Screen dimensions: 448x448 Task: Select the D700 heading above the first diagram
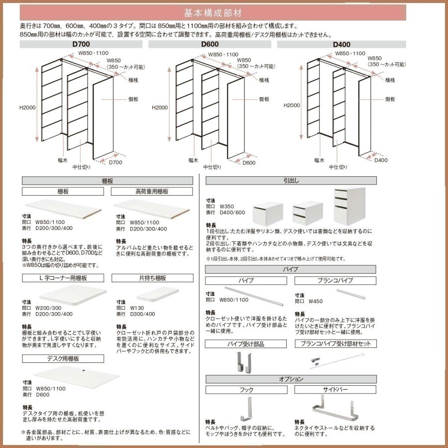tap(80, 44)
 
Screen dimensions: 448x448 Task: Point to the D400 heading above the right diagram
tap(341, 44)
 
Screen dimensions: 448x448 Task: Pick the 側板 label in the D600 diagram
tap(264, 99)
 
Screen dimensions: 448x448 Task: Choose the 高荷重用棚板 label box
tap(151, 191)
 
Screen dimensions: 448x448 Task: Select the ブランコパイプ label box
tap(335, 280)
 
